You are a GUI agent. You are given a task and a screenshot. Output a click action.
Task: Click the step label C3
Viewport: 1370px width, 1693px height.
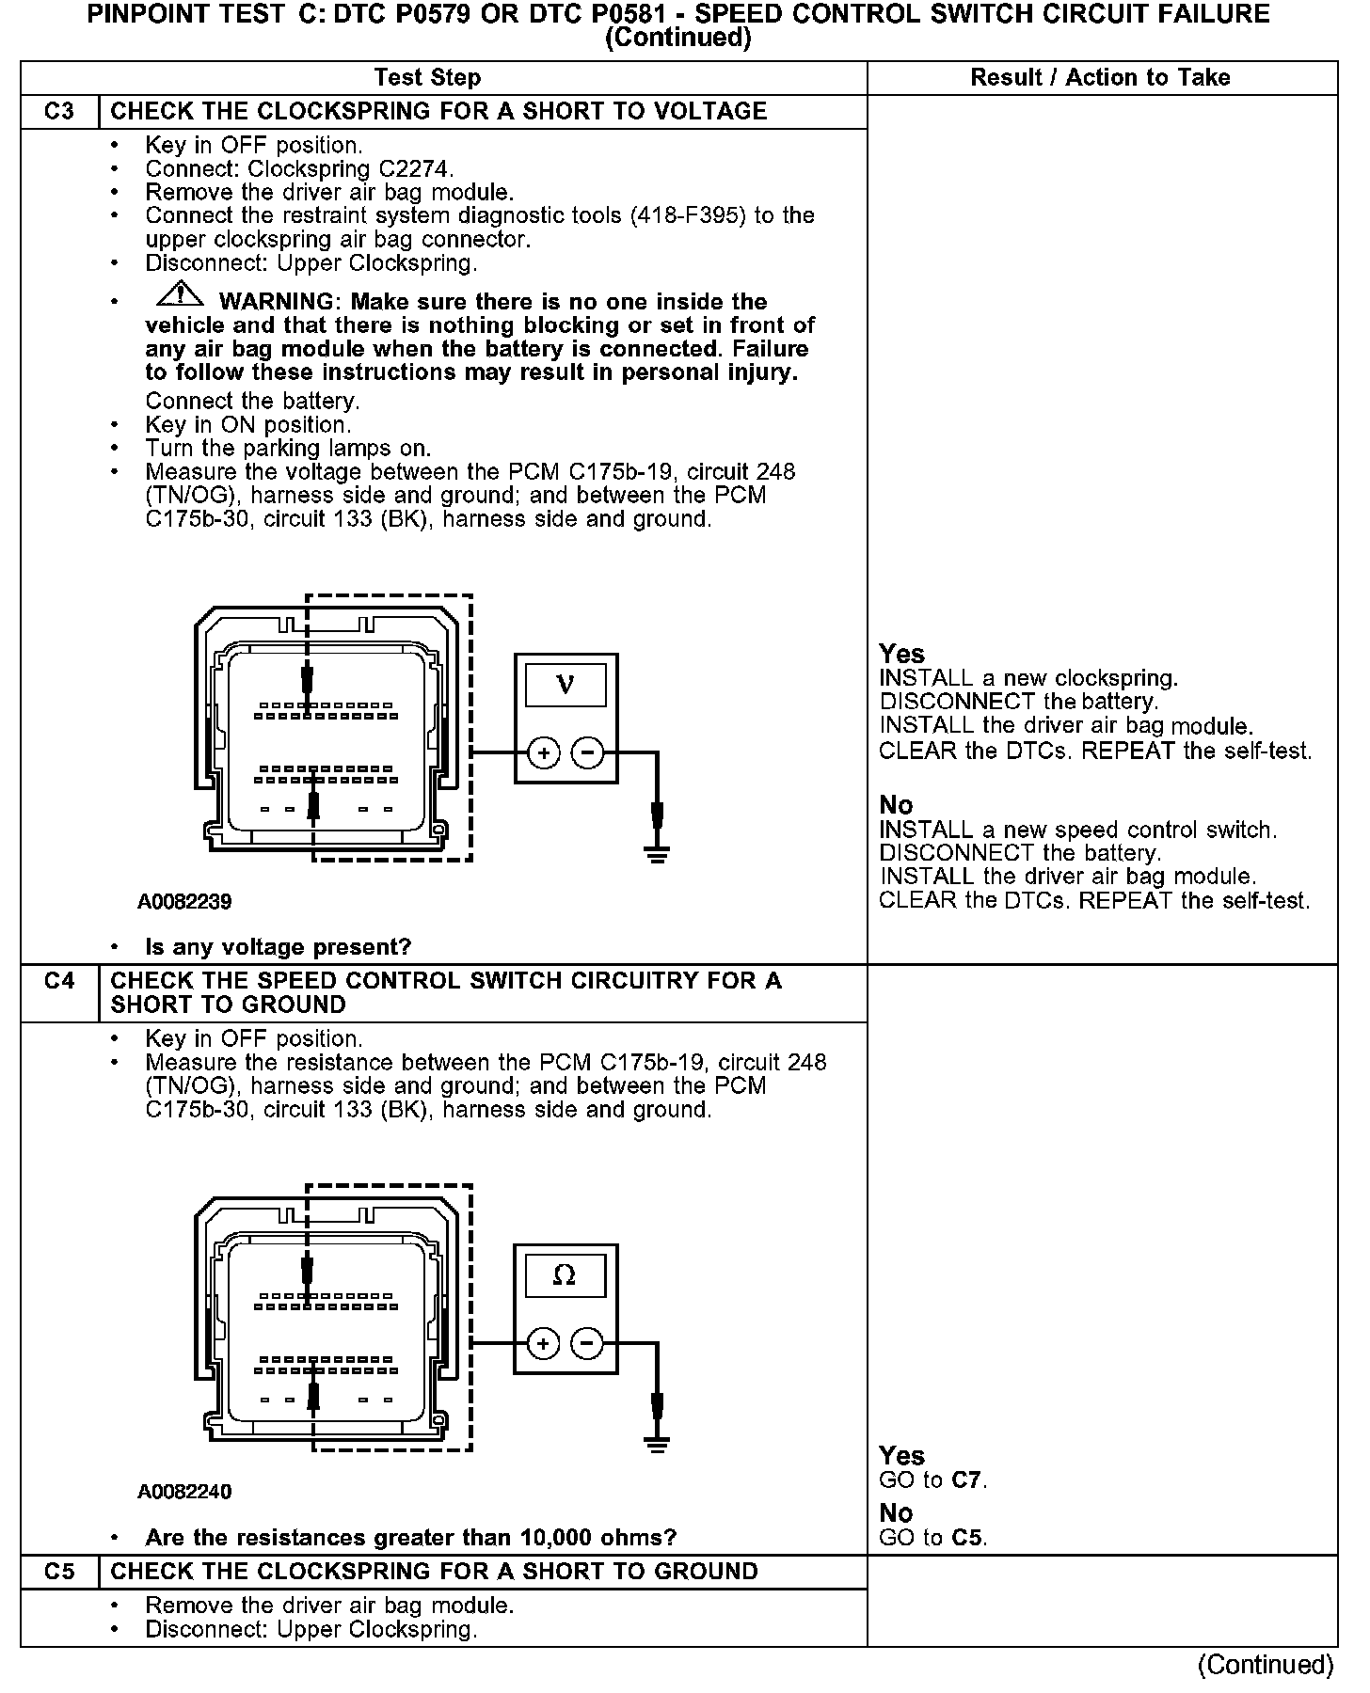[59, 112]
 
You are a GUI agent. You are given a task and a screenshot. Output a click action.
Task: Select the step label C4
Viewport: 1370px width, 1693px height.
[59, 981]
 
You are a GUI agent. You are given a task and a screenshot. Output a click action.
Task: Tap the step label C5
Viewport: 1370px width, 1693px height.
[59, 1572]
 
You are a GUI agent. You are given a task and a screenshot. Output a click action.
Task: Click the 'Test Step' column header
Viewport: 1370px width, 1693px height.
[427, 78]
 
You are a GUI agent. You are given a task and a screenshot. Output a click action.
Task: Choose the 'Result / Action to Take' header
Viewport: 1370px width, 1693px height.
[1100, 78]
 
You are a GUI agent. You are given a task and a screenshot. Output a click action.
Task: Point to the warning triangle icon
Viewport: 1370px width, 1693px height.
[180, 295]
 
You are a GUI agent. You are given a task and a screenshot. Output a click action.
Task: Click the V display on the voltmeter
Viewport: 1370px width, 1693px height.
[566, 684]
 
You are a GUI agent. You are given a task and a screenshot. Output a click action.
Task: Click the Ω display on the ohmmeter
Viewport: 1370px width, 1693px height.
[565, 1274]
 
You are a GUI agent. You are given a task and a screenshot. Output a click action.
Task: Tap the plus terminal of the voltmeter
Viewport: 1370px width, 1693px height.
[543, 752]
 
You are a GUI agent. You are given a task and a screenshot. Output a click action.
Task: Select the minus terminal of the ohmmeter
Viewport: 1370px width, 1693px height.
[587, 1343]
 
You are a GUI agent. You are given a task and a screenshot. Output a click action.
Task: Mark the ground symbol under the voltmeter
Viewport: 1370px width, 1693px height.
[657, 853]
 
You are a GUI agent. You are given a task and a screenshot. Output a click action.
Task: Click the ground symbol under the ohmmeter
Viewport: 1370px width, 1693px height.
[657, 1444]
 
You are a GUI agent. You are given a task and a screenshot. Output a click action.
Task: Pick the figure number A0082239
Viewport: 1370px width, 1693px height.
[184, 902]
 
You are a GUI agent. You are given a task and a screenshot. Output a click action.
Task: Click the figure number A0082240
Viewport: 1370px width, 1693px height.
[184, 1492]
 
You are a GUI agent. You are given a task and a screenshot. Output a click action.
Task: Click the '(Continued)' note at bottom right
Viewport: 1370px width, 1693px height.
[1266, 1665]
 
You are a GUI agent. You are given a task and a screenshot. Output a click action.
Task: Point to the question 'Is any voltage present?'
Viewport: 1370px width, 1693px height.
[279, 947]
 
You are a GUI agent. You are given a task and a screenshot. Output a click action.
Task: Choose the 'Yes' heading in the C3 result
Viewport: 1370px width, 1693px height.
[901, 654]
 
